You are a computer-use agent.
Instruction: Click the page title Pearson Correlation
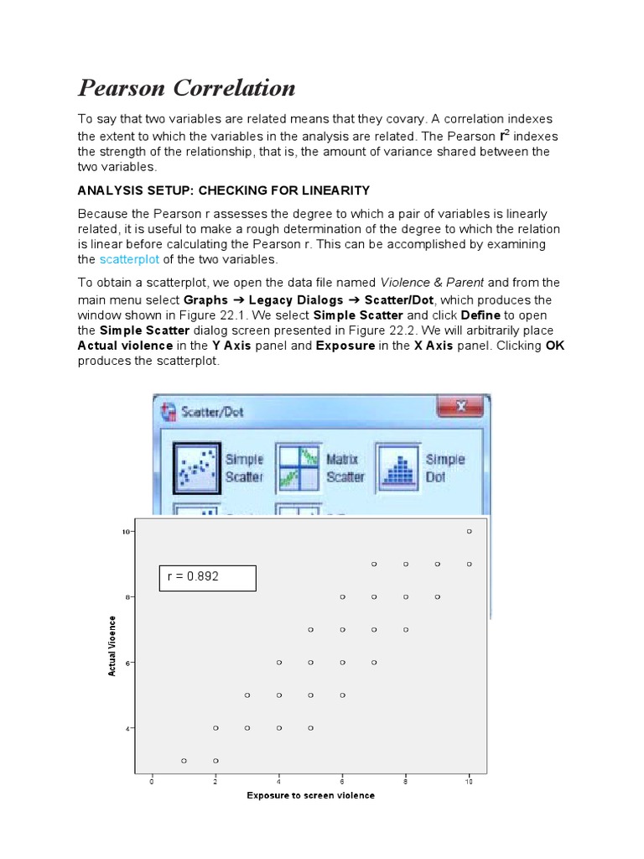tap(186, 88)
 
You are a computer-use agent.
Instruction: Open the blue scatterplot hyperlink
tap(128, 259)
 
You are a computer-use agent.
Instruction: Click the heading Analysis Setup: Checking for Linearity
tap(223, 190)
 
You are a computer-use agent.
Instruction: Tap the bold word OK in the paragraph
tap(555, 346)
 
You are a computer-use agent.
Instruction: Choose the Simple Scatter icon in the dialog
tap(197, 467)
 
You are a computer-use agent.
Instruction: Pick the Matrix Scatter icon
tap(299, 467)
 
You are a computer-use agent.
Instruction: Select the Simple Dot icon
tap(398, 467)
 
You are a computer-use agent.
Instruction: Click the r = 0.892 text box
tap(208, 577)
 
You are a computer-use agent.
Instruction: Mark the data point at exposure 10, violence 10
tap(469, 532)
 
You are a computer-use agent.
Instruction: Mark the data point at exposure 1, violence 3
tap(184, 760)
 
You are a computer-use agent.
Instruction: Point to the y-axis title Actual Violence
tap(112, 643)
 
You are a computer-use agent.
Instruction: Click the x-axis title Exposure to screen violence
tap(310, 795)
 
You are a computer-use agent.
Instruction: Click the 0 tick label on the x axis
tap(152, 781)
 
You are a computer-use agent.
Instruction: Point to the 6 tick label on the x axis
tap(342, 781)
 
